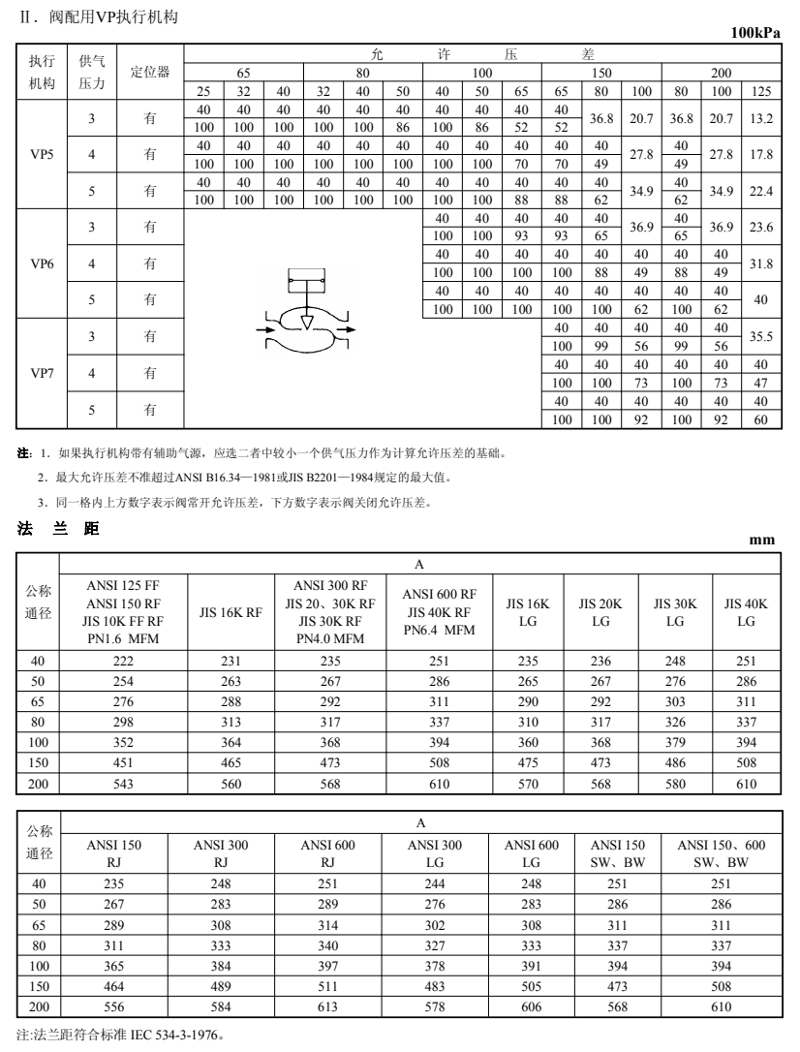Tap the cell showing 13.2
[x=761, y=118]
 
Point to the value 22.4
[x=761, y=191]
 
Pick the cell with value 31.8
[x=761, y=263]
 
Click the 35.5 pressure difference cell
[x=761, y=336]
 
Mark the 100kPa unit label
[x=755, y=34]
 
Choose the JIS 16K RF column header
[x=231, y=611]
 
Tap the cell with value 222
[x=123, y=661]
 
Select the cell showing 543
[x=123, y=783]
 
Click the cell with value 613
[x=327, y=1006]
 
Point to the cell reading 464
[x=114, y=985]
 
